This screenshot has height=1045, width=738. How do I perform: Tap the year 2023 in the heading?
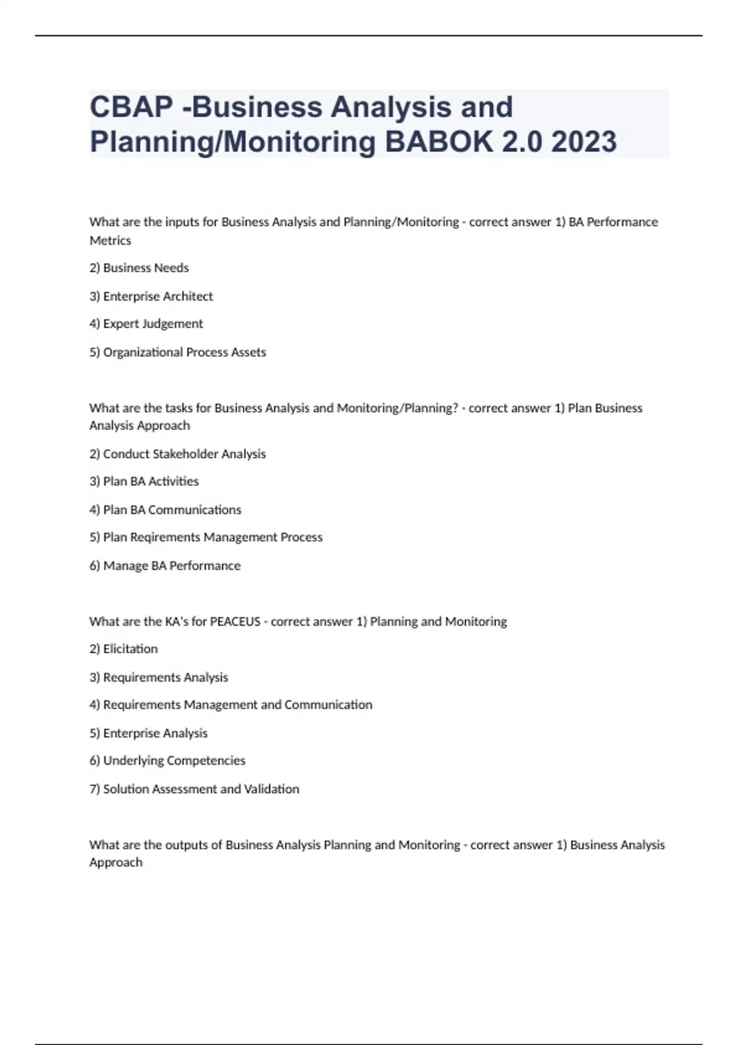click(584, 142)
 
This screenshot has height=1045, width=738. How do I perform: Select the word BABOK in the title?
click(438, 142)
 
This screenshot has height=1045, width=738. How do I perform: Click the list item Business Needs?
click(139, 268)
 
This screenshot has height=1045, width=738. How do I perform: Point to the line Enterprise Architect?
click(151, 296)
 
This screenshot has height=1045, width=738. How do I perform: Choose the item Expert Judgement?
click(146, 324)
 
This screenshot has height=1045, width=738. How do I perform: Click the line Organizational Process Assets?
click(178, 352)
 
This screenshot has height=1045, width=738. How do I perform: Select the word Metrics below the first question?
click(110, 240)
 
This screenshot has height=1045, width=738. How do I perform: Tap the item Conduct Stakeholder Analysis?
click(178, 454)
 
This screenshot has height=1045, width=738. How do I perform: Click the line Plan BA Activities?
click(144, 481)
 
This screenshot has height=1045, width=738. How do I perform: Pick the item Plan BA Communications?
click(165, 510)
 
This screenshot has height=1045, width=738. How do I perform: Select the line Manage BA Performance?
click(165, 566)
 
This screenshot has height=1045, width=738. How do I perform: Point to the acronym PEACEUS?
click(235, 621)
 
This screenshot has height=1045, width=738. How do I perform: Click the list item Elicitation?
click(124, 649)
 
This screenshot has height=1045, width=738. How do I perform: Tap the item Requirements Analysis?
click(159, 677)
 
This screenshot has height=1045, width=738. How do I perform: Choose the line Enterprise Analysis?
click(148, 733)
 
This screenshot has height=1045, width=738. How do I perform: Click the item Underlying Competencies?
click(167, 761)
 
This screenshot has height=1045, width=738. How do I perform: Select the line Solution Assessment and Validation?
click(194, 789)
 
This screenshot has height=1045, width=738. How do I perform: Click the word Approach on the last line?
click(116, 862)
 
